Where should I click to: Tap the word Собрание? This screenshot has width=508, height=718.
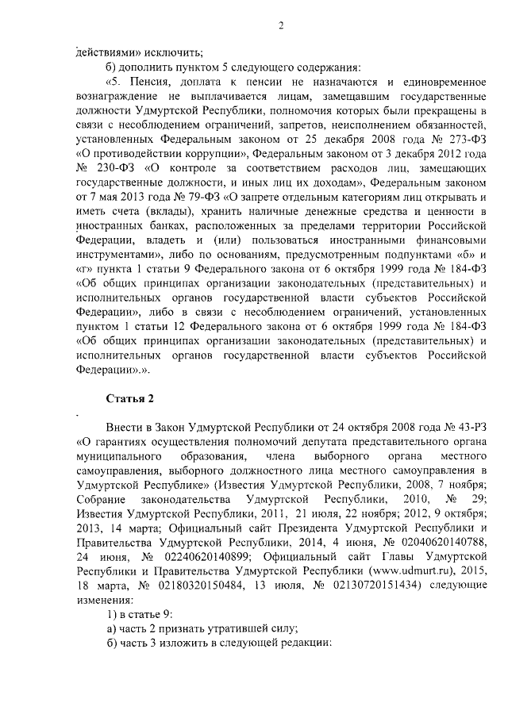[106, 486]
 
